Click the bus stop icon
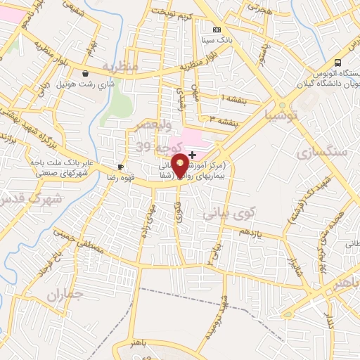click(338, 63)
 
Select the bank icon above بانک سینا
click(217, 30)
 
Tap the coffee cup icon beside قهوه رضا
click(120, 167)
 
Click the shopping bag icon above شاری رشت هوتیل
click(85, 72)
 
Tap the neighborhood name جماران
click(65, 296)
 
